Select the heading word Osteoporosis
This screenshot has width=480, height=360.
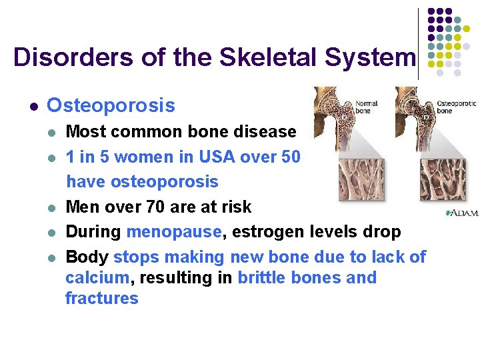(x=111, y=105)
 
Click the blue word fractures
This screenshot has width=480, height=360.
(x=101, y=298)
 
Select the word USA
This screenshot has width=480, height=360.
(x=206, y=157)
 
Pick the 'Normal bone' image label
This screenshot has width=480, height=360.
(x=366, y=107)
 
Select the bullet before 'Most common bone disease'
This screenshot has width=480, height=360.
(x=52, y=132)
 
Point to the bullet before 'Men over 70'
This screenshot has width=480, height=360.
(x=52, y=207)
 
